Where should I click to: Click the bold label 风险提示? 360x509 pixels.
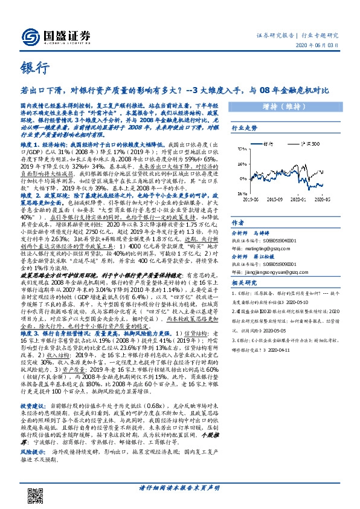(31, 433)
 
